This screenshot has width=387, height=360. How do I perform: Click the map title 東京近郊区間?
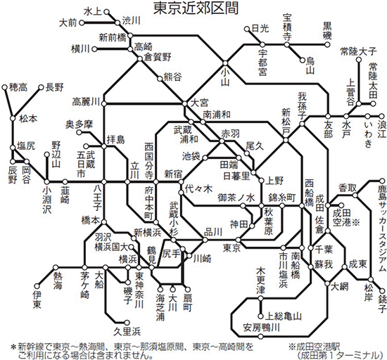(193, 8)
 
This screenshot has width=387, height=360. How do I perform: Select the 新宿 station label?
(175, 174)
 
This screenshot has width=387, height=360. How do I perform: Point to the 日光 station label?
(260, 29)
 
